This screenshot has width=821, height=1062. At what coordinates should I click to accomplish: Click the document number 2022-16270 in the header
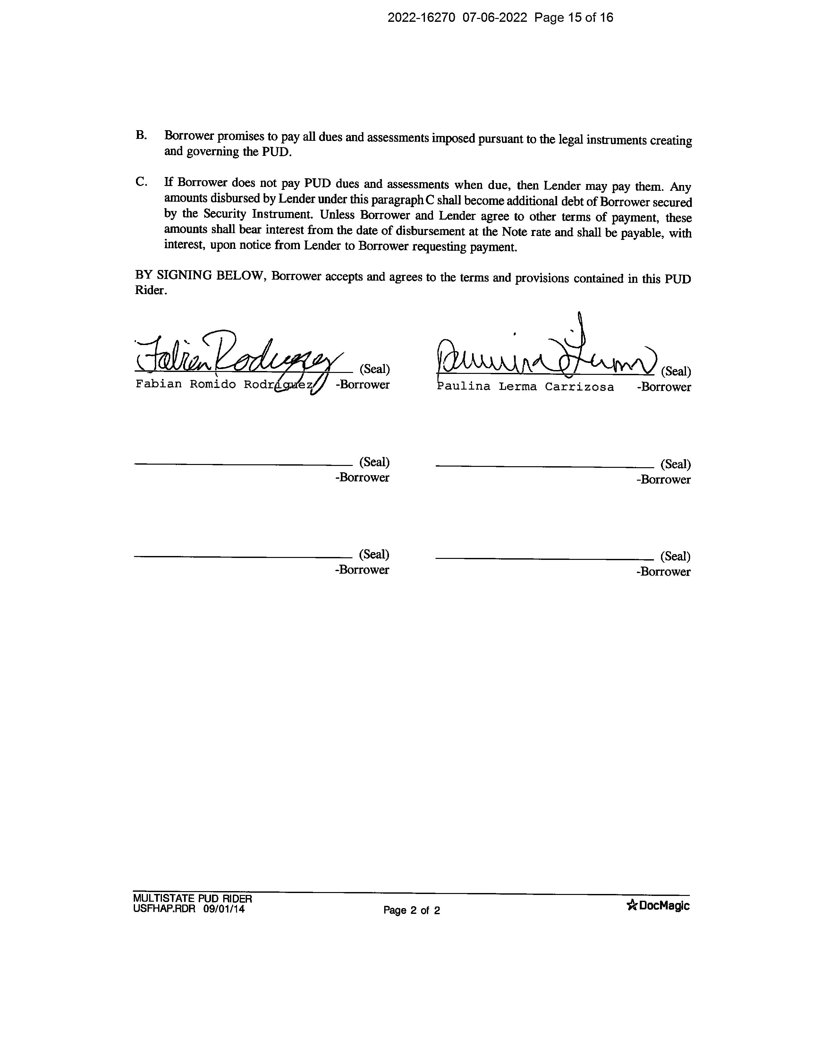[x=421, y=18]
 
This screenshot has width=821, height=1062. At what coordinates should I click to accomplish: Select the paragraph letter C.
[x=141, y=182]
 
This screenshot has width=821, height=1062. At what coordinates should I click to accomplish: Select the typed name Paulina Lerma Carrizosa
[x=525, y=387]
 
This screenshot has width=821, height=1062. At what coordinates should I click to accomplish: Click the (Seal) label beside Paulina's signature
[x=676, y=372]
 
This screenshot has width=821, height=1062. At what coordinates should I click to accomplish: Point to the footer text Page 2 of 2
[x=411, y=910]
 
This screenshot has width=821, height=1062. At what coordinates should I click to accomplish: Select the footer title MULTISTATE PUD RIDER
[x=193, y=898]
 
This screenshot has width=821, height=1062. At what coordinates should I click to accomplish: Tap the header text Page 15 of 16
[x=574, y=18]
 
